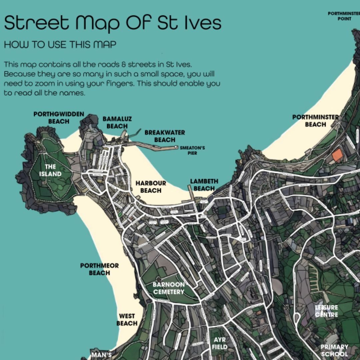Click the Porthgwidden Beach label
click(x=59, y=118)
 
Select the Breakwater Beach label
click(x=165, y=136)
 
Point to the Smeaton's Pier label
click(x=192, y=150)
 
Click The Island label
click(x=50, y=170)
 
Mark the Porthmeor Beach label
click(x=99, y=269)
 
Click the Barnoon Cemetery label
click(x=168, y=288)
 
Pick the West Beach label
click(x=127, y=319)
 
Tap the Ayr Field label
click(x=220, y=343)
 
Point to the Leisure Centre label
click(x=327, y=311)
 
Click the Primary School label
click(x=334, y=350)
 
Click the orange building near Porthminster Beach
click(x=337, y=156)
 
